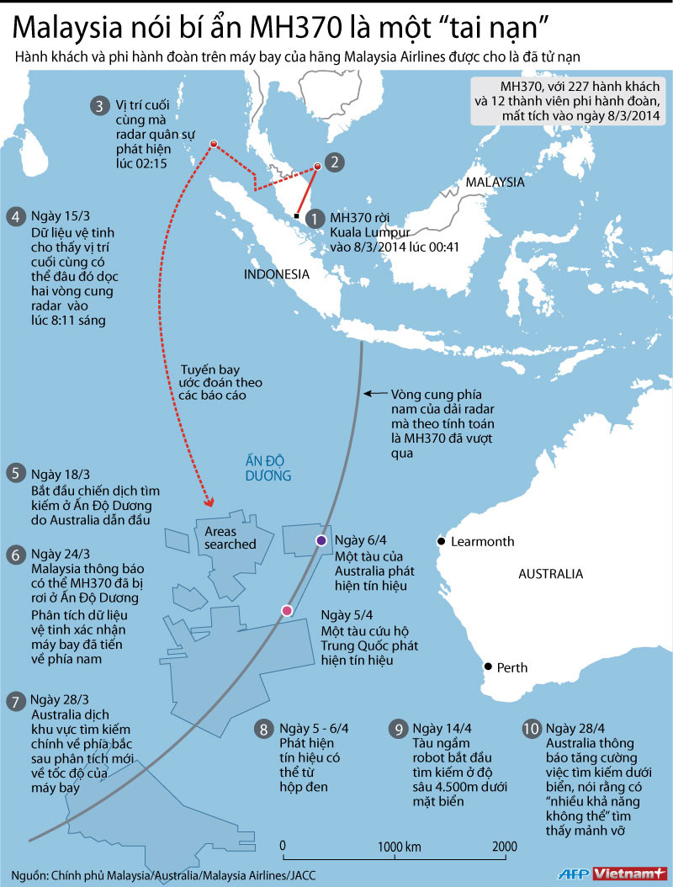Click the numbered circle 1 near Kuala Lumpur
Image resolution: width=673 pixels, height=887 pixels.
pyautogui.click(x=315, y=218)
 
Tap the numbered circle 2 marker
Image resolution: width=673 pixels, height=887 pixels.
pyautogui.click(x=334, y=162)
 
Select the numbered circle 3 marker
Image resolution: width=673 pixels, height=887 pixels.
pyautogui.click(x=100, y=105)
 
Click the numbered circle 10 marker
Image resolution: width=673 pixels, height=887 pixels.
pyautogui.click(x=531, y=729)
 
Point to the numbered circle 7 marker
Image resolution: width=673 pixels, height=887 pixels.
pyautogui.click(x=14, y=701)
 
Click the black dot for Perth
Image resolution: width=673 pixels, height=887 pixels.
pyautogui.click(x=487, y=667)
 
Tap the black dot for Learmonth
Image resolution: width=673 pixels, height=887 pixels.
pyautogui.click(x=439, y=541)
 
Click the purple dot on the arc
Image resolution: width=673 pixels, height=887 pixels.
pyautogui.click(x=321, y=540)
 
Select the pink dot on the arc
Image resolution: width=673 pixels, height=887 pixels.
pyautogui.click(x=287, y=611)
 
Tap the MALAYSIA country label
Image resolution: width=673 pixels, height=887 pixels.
pyautogui.click(x=495, y=182)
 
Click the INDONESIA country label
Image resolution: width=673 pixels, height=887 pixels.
pyautogui.click(x=276, y=274)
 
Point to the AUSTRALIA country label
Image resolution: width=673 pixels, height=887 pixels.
pyautogui.click(x=550, y=574)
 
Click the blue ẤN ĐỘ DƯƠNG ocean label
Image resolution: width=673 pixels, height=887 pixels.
pyautogui.click(x=268, y=468)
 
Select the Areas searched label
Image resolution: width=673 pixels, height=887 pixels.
pyautogui.click(x=225, y=538)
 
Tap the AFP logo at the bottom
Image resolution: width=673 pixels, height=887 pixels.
pyautogui.click(x=575, y=874)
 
